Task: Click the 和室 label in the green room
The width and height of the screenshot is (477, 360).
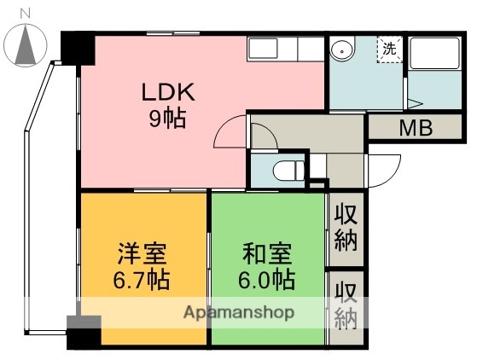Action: [267, 254]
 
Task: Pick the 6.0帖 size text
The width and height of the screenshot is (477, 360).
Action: [267, 278]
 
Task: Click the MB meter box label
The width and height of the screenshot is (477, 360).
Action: [416, 129]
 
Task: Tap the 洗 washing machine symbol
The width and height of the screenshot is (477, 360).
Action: [389, 49]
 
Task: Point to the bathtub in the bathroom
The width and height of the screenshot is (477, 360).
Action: [435, 59]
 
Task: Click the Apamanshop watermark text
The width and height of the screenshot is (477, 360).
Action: [239, 312]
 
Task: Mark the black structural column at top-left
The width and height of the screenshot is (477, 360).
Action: [77, 49]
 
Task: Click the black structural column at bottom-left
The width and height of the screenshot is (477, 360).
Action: [84, 332]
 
